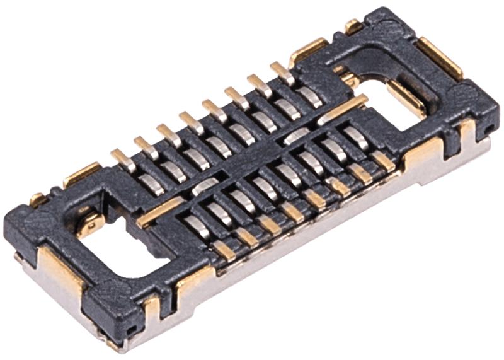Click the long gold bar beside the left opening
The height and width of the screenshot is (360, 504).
pos(161,212)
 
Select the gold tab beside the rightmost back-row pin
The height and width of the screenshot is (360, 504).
pos(308,50)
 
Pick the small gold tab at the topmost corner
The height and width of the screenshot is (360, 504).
pos(353,26)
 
